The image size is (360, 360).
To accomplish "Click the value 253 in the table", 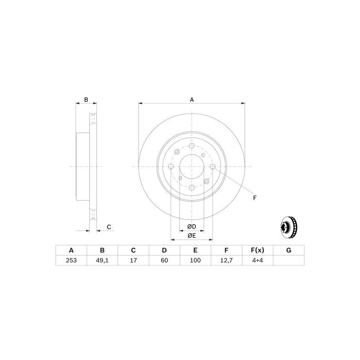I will click(x=71, y=260).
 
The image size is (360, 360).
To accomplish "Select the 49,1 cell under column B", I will click(x=102, y=260).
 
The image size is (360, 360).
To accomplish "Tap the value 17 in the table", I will click(x=133, y=260).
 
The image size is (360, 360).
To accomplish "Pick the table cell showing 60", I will click(x=164, y=260).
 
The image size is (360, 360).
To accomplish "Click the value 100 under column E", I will click(x=195, y=260).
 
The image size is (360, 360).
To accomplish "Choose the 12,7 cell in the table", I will click(x=226, y=260).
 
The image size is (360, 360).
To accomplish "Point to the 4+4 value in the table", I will click(x=258, y=260).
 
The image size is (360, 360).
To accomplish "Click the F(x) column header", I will click(x=258, y=250).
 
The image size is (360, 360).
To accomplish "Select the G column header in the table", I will click(x=289, y=250).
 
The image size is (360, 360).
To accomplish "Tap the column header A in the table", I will click(x=71, y=250).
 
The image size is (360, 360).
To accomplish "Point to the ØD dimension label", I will click(x=192, y=226).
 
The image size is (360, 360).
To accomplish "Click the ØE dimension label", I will click(x=192, y=235).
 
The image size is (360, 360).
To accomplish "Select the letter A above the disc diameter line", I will click(x=192, y=100).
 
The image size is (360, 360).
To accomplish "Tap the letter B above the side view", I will click(x=86, y=100).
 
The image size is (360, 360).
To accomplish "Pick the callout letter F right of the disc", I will click(x=255, y=198).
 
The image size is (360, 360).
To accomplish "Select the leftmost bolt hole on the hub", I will click(x=171, y=167).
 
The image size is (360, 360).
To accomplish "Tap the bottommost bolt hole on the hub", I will click(x=192, y=188).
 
